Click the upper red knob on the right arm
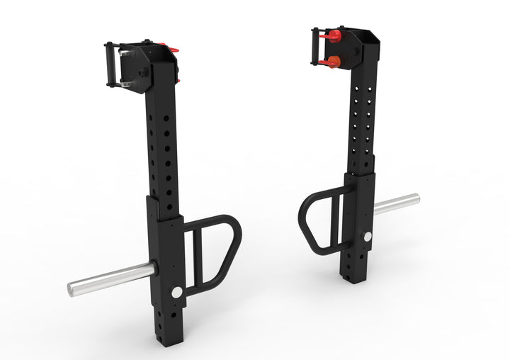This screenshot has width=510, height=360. [x=332, y=35]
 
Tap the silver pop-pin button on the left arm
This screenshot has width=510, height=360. [x=176, y=292]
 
